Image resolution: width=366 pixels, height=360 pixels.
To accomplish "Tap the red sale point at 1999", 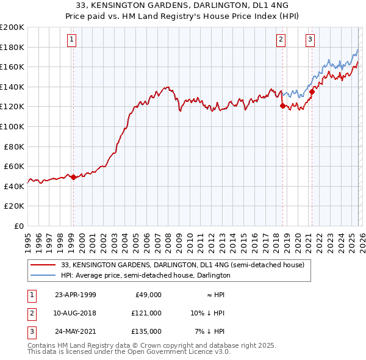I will click(73, 178).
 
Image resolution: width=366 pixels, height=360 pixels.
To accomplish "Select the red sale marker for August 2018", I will click(282, 106).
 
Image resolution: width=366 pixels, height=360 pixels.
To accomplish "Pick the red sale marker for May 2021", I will click(312, 92).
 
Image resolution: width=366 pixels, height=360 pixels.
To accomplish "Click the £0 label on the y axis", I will click(18, 226).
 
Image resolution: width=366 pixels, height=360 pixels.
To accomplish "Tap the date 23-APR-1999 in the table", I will click(75, 295).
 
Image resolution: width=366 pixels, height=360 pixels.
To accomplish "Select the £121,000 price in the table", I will click(146, 313).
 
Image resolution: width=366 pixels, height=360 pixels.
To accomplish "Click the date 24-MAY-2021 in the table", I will click(75, 331).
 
